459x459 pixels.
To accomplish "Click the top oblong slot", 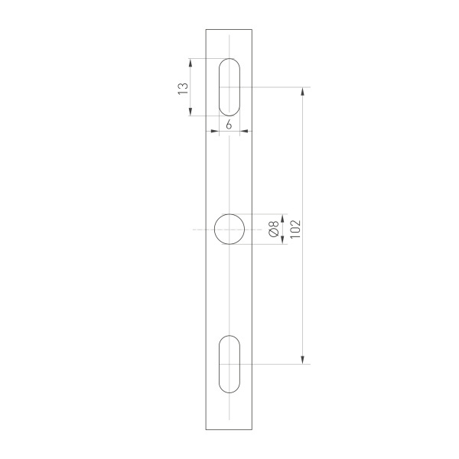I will click(229, 87).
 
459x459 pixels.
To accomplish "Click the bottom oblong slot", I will click(229, 364).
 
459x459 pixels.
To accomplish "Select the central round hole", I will click(229, 229).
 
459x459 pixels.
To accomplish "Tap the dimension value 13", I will click(182, 87).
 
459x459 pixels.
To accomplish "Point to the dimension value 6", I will click(229, 124).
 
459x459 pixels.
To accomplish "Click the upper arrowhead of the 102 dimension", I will click(304, 91).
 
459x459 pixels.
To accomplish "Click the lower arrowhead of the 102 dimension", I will click(304, 360).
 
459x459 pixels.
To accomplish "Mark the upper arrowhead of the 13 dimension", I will click(190, 63).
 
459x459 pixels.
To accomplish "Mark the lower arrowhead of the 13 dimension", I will click(190, 112).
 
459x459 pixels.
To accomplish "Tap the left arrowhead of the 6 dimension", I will click(215, 132).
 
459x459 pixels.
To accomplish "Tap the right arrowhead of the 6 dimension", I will click(243, 132).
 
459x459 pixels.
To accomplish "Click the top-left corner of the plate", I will click(206, 29).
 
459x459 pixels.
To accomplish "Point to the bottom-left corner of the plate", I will click(206, 430).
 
